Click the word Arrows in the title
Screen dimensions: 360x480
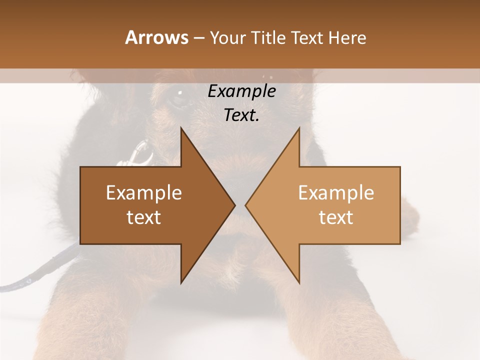156,37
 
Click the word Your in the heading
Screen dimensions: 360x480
227,38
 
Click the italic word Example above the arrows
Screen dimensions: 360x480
241,91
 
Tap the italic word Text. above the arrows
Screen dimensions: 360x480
241,115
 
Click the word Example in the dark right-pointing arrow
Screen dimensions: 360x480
144,193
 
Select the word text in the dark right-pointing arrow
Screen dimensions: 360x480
144,217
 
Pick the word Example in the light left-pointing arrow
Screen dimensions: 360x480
336,193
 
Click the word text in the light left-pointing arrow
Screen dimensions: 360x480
336,217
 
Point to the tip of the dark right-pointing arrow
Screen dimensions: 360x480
235,205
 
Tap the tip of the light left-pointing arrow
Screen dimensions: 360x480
245,205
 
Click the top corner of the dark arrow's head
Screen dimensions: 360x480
181,128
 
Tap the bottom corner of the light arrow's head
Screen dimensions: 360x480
299,283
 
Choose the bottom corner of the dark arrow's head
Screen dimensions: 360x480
181,283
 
